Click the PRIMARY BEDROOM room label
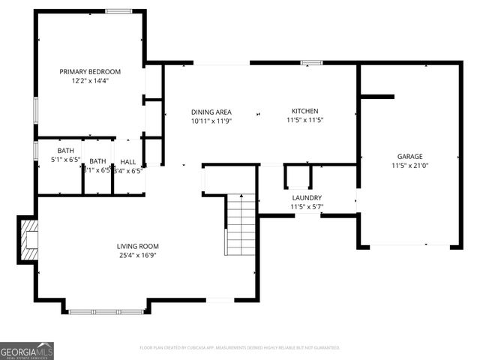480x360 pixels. tap(90, 72)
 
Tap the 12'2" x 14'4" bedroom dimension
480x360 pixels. tap(90, 81)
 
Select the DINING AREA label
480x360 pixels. tap(211, 111)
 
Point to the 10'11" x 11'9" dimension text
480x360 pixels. tap(211, 120)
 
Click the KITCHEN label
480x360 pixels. tap(305, 111)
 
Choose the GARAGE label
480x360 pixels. tap(410, 156)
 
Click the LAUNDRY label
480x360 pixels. tap(306, 197)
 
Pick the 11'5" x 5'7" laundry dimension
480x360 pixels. tap(306, 206)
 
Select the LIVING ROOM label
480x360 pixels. tap(137, 246)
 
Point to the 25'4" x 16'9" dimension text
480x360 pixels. tap(137, 255)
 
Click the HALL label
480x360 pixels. tap(128, 161)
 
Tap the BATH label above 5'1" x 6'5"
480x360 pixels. tap(65, 151)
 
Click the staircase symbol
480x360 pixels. tap(241, 224)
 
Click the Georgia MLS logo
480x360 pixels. tap(27, 350)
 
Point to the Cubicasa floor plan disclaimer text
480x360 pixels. tap(240, 347)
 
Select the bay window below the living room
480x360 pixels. tap(106, 310)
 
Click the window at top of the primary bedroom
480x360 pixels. tap(117, 11)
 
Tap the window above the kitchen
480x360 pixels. tap(312, 61)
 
